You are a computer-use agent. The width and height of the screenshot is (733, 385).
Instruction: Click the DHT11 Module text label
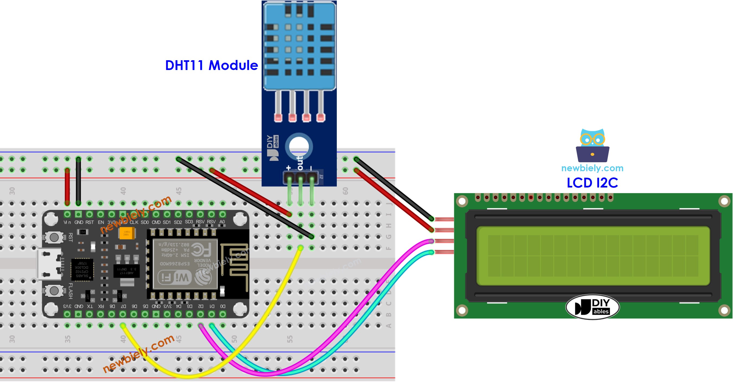click(x=211, y=65)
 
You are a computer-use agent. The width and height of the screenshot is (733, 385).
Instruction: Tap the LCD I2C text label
click(x=592, y=183)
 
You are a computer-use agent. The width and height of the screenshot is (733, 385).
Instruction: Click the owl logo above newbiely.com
click(x=592, y=145)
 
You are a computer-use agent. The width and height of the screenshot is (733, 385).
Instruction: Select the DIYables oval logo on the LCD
click(x=592, y=307)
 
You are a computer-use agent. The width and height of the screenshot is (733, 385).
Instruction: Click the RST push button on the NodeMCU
click(x=54, y=237)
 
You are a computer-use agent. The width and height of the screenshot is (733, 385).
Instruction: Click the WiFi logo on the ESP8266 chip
click(x=175, y=277)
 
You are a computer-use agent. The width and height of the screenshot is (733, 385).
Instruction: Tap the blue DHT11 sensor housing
click(x=299, y=46)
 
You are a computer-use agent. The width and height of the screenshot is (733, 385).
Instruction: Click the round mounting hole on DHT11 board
click(x=299, y=147)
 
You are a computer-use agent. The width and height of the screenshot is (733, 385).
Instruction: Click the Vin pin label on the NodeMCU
click(x=67, y=222)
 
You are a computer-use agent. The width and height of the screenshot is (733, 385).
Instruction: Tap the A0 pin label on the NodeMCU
click(x=222, y=222)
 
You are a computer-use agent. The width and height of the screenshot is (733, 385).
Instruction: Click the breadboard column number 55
click(x=289, y=339)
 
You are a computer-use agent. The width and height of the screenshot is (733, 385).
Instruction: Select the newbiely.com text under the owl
click(x=592, y=168)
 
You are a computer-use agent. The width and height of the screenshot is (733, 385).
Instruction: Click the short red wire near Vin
click(x=67, y=186)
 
